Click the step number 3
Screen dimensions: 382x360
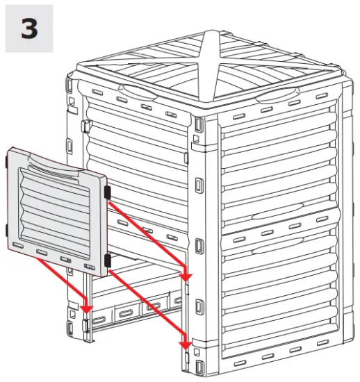tap(29, 29)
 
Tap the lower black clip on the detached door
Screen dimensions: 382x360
tap(107, 260)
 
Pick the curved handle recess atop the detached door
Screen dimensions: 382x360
tap(53, 165)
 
